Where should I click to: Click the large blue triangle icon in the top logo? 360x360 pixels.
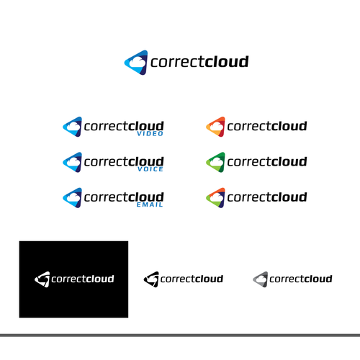click(x=136, y=63)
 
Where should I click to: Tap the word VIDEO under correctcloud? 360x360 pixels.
click(x=150, y=134)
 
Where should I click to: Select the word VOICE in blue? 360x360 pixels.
click(x=150, y=169)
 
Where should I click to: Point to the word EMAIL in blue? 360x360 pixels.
click(x=150, y=204)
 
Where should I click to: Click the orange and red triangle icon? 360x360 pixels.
click(x=215, y=127)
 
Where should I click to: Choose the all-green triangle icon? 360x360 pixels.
click(x=215, y=162)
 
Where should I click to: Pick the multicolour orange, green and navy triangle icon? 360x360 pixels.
click(x=215, y=198)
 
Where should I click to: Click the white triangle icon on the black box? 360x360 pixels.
click(x=42, y=279)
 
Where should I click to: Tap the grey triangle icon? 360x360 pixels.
click(x=261, y=279)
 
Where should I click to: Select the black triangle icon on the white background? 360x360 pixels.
click(x=151, y=279)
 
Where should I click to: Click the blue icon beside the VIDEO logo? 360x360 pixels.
click(x=72, y=127)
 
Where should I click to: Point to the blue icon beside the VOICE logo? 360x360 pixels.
click(x=72, y=162)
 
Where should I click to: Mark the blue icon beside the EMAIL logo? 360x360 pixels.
click(x=72, y=198)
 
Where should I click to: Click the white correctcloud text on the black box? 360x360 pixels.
click(x=83, y=279)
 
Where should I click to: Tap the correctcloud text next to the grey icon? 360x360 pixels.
click(x=301, y=279)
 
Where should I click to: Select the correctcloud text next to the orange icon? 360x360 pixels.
click(x=267, y=126)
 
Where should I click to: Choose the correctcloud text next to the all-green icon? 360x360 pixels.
click(x=267, y=161)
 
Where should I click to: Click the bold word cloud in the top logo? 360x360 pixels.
click(x=227, y=61)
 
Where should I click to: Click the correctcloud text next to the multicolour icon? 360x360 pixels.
click(x=267, y=197)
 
